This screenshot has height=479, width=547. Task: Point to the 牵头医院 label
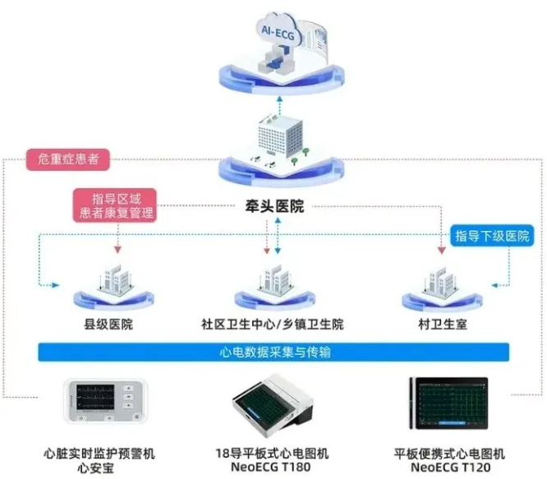click(x=274, y=206)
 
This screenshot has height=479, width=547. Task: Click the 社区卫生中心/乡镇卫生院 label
click(x=273, y=325)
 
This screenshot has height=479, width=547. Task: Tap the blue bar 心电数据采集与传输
click(x=274, y=352)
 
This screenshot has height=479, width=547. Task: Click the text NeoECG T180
click(x=274, y=467)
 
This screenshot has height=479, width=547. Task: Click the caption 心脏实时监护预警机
click(x=99, y=453)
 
